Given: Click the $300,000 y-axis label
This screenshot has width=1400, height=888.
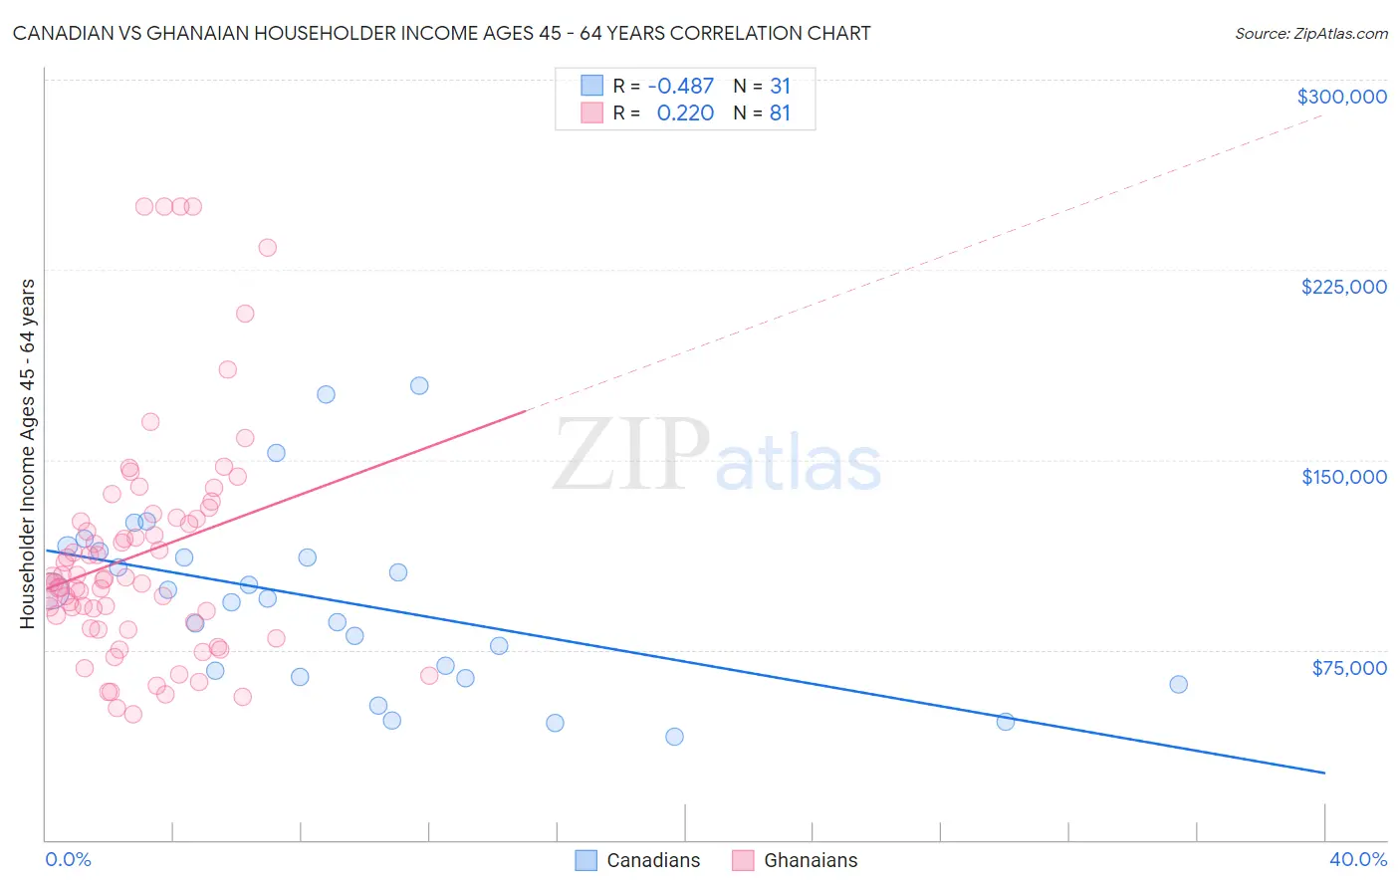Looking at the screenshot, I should pyautogui.click(x=1341, y=97).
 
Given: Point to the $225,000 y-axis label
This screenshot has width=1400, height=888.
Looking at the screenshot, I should pyautogui.click(x=1343, y=287).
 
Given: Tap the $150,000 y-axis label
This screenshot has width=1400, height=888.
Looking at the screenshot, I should pyautogui.click(x=1343, y=477).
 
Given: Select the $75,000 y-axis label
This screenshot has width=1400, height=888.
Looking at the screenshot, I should pyautogui.click(x=1348, y=668).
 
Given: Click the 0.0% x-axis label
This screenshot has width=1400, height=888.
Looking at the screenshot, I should pyautogui.click(x=68, y=859).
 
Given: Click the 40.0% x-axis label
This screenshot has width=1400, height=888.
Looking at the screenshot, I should pyautogui.click(x=1357, y=859).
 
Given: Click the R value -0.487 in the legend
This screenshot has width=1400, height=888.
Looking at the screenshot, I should pyautogui.click(x=680, y=86).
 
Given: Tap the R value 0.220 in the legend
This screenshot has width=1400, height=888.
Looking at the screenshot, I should pyautogui.click(x=685, y=113).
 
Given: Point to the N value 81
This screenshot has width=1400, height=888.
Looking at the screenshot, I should pyautogui.click(x=780, y=113).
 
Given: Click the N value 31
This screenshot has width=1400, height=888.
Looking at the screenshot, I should pyautogui.click(x=780, y=86).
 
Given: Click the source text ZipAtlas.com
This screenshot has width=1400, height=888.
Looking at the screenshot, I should pyautogui.click(x=1310, y=34).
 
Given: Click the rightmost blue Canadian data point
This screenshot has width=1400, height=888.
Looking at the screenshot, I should pyautogui.click(x=1178, y=684).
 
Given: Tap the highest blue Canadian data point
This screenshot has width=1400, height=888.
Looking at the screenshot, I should pyautogui.click(x=419, y=385).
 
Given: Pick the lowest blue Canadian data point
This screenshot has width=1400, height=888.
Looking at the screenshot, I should pyautogui.click(x=674, y=737).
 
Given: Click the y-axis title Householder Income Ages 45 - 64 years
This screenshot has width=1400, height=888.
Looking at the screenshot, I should pyautogui.click(x=28, y=453).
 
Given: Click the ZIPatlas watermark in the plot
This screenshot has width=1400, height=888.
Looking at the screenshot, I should pyautogui.click(x=717, y=456).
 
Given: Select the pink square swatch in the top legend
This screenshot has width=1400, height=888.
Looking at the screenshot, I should pyautogui.click(x=591, y=113).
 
